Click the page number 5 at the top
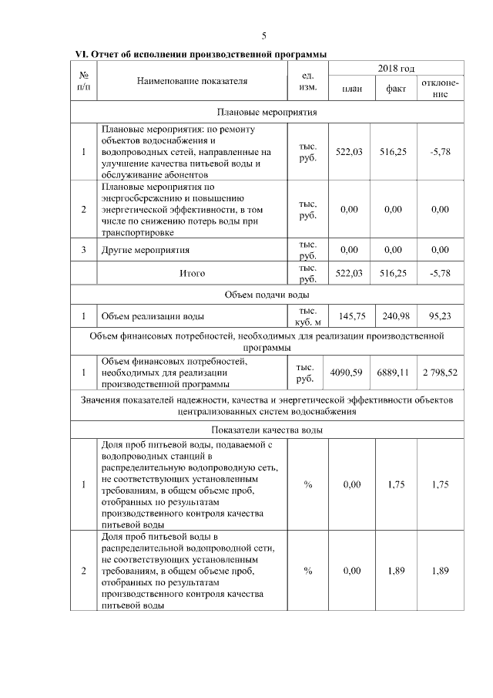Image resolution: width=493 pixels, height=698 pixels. pos(264,36)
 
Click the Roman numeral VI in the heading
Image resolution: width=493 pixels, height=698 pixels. pos(81,54)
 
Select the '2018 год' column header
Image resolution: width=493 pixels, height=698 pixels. pos(396,69)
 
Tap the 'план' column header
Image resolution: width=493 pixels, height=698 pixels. pos(351,89)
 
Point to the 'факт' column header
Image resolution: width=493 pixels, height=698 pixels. pos(396,89)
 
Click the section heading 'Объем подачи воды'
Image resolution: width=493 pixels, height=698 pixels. pos(267,294)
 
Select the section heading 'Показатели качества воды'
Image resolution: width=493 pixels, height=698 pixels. pos(267,429)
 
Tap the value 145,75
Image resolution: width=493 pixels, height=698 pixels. pos(351,315)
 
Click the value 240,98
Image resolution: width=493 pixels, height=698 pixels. pos(396,315)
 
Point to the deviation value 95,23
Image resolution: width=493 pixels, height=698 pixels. pos(441,315)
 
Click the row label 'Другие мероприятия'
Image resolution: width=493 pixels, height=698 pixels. pos(146,250)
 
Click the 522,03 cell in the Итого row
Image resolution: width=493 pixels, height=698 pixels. pos(351,272)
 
